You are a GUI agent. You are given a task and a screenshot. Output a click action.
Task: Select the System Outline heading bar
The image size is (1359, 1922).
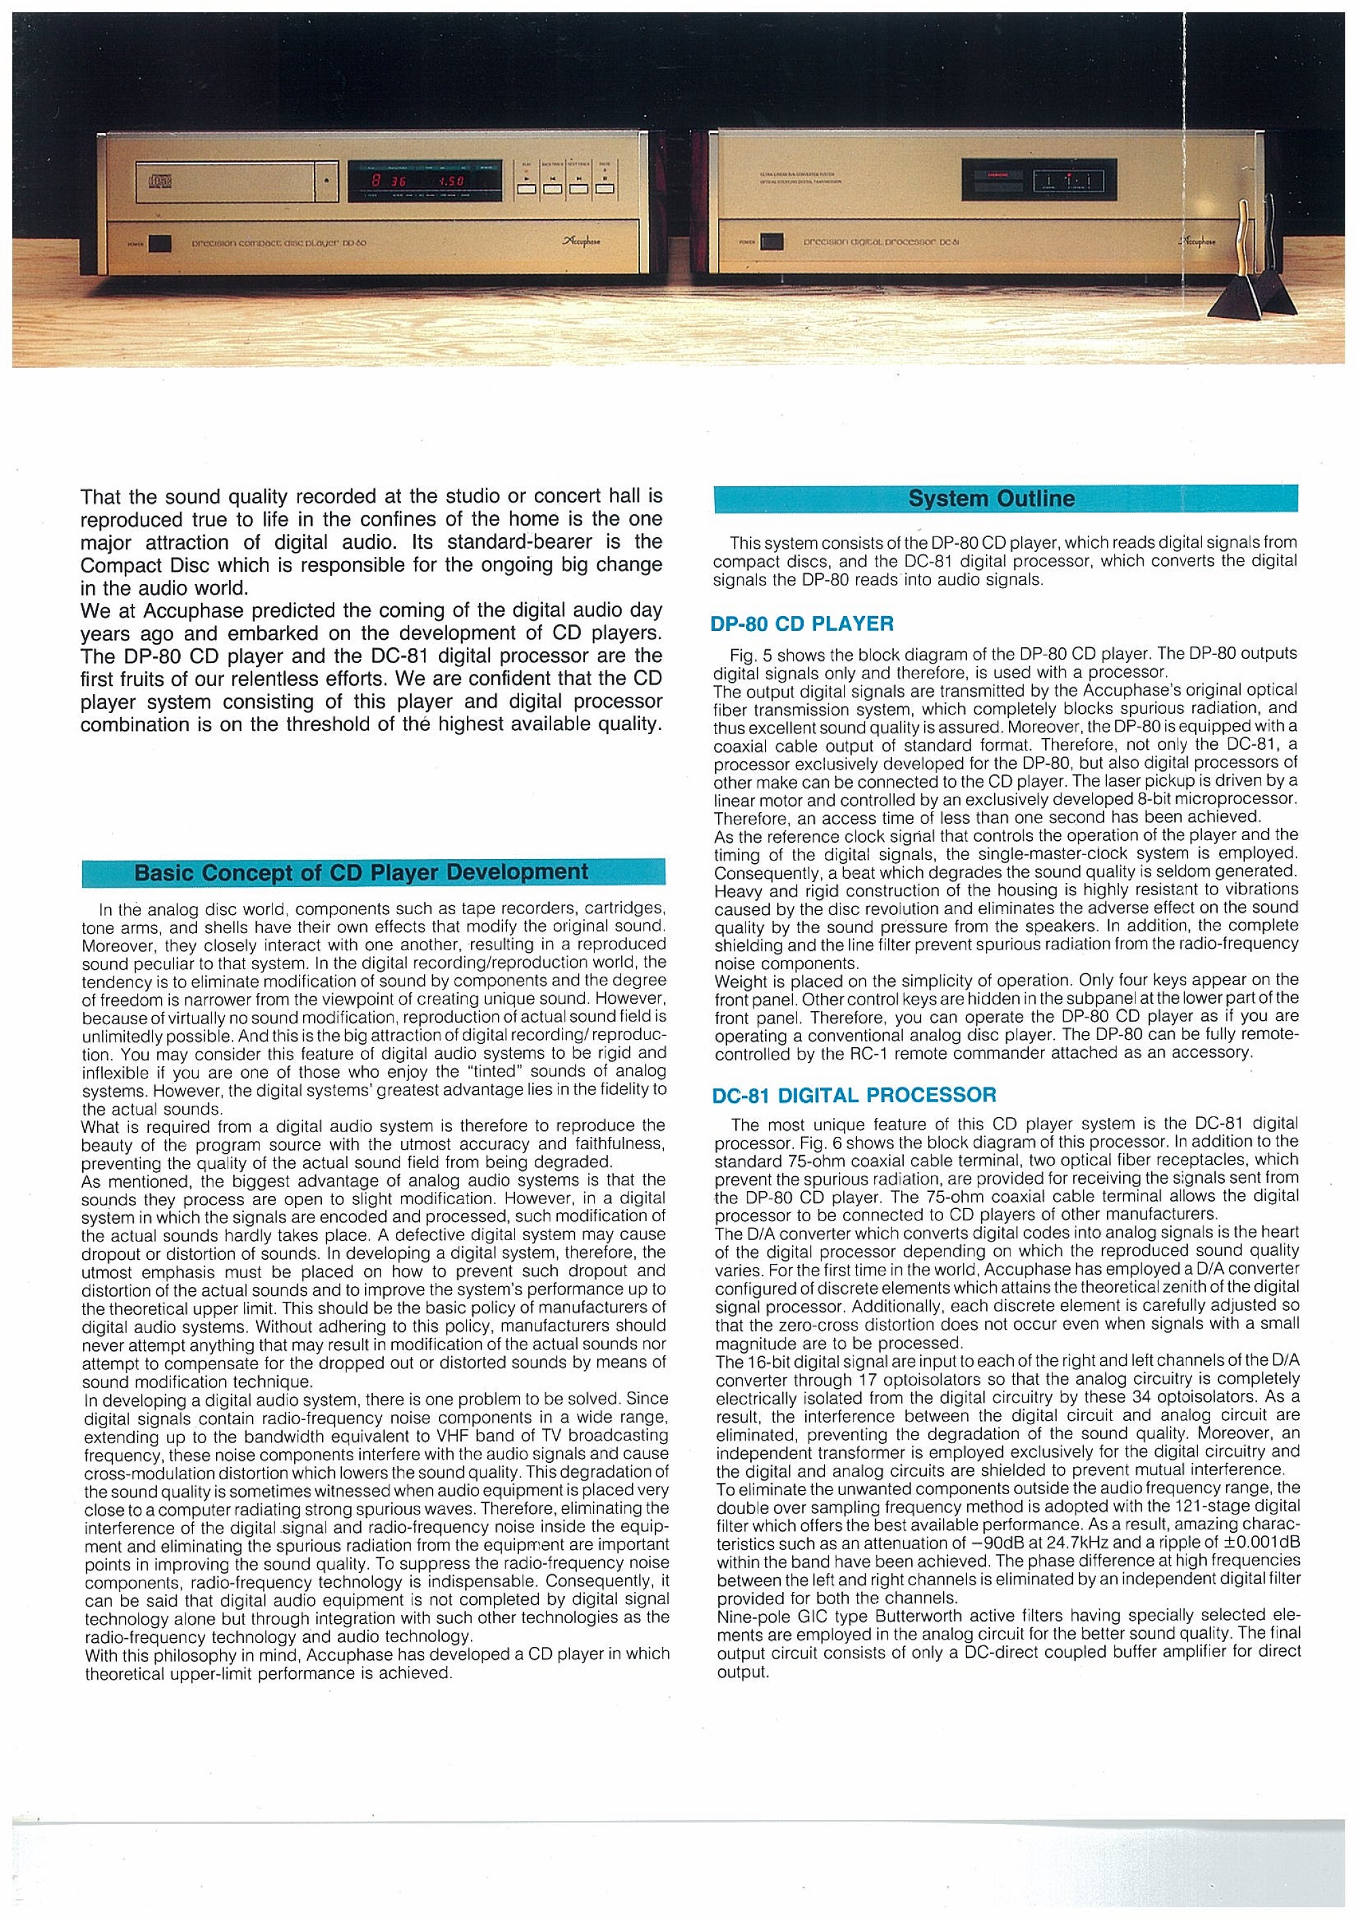point(1005,499)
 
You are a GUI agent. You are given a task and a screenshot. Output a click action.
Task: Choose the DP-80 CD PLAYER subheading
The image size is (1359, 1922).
point(803,623)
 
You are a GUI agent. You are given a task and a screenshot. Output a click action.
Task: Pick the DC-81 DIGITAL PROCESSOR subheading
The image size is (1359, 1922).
point(855,1095)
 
